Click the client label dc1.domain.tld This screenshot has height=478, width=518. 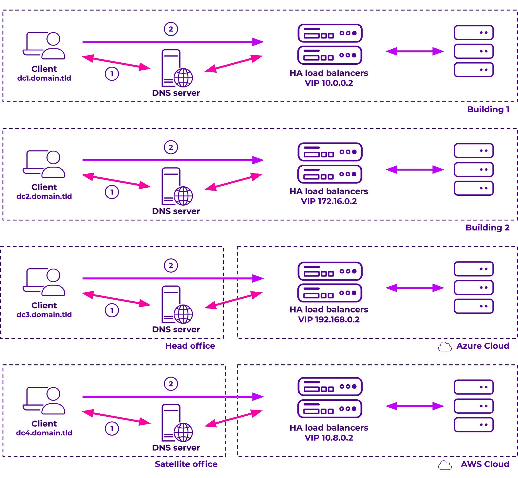coord(44,78)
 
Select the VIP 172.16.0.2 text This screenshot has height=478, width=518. coord(329,201)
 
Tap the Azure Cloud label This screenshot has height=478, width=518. coord(483,346)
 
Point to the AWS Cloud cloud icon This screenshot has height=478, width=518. coord(445,465)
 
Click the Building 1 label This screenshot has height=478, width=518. coord(488,109)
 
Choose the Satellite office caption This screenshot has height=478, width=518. coord(186,464)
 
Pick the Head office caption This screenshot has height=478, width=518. coord(190,346)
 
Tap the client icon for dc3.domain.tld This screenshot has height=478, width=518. coord(44,282)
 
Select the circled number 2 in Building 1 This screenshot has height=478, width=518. coord(171,29)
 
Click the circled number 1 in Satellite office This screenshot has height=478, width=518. coord(112,428)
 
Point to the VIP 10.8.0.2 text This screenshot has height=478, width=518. coord(329,438)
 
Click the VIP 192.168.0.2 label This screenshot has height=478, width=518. coord(329,320)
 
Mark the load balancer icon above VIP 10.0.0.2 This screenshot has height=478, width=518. coord(330,44)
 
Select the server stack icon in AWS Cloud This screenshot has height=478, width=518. coord(474,406)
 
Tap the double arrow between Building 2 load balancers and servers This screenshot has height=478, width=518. coord(415,170)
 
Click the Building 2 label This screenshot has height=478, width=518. coord(487,228)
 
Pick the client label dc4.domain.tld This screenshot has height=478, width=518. coord(44,433)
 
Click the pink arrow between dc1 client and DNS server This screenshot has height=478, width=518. coord(116,63)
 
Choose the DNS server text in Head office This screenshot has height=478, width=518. coord(176,330)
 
